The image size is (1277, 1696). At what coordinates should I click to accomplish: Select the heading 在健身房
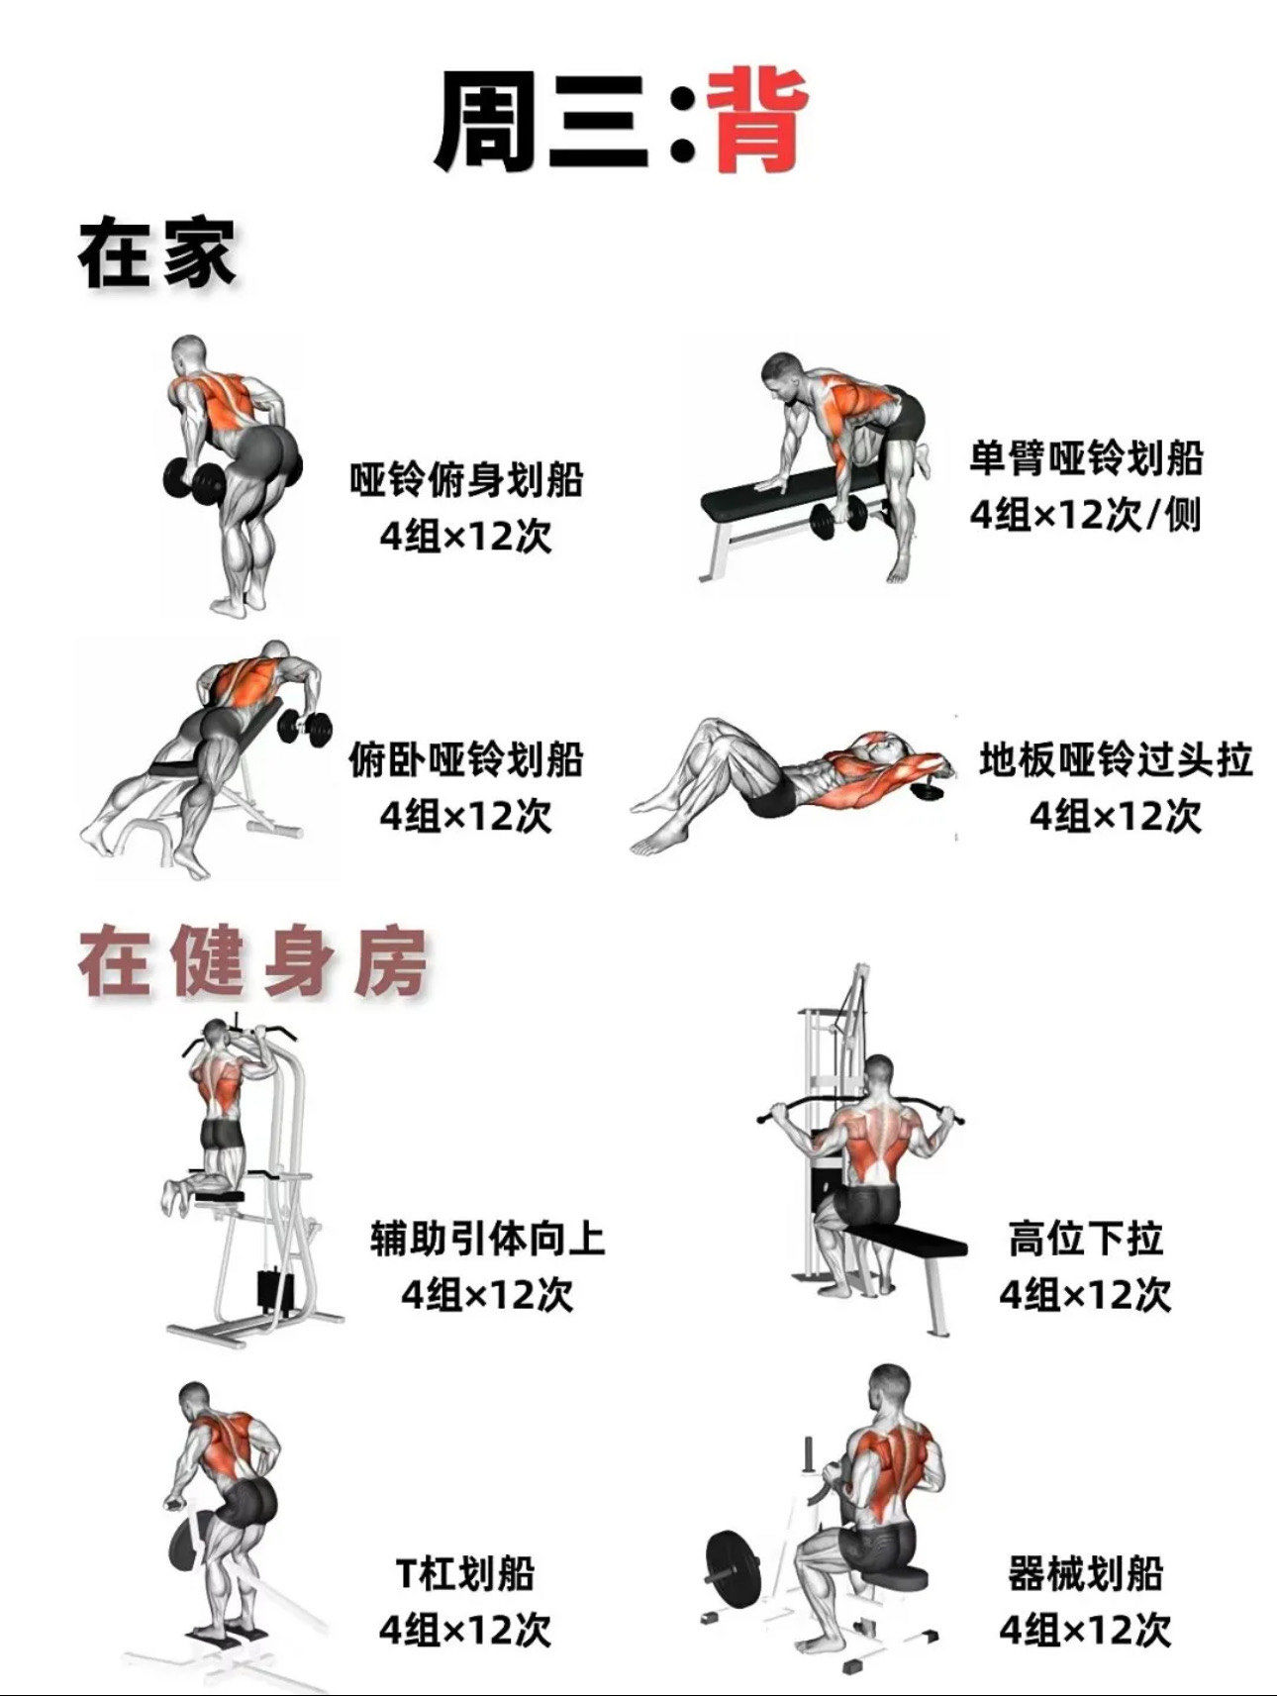[252, 961]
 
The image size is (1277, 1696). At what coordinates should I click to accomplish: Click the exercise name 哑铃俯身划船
[466, 480]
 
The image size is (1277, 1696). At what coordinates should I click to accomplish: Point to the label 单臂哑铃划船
[1085, 458]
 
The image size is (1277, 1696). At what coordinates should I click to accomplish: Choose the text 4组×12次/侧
[1085, 515]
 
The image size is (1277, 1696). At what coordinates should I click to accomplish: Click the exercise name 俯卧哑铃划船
[466, 760]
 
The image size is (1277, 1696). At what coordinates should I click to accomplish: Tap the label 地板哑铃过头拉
[1116, 760]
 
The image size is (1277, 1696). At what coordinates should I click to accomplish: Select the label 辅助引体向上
[487, 1239]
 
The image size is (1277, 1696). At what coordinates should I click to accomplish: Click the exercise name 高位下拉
[1085, 1239]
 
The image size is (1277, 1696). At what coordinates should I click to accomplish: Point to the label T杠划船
[465, 1573]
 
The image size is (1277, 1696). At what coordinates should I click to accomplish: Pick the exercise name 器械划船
[1085, 1573]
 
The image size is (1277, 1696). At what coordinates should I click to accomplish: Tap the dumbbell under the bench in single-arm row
[837, 519]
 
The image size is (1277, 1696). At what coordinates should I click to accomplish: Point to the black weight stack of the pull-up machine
[273, 1288]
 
